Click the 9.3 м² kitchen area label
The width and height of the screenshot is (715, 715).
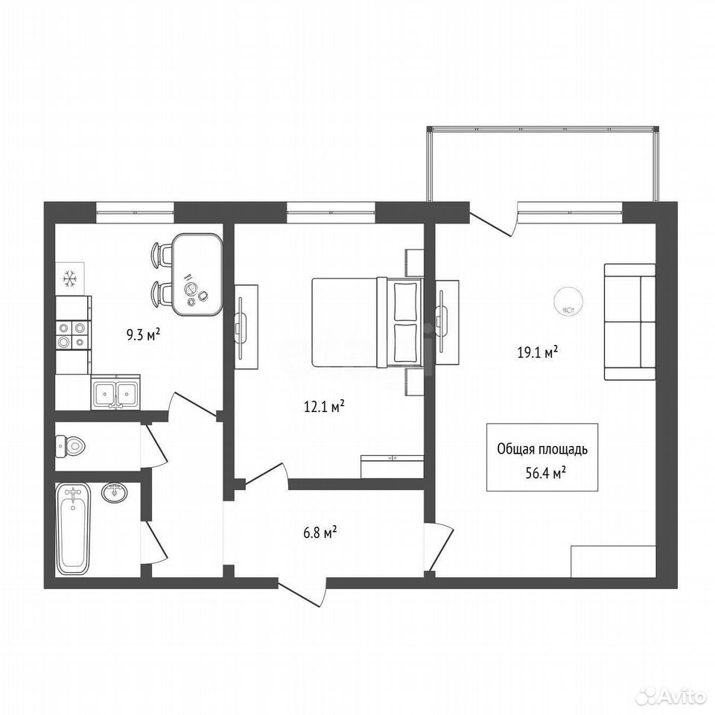[x=143, y=336]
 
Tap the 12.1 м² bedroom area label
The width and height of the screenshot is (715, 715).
[x=324, y=407]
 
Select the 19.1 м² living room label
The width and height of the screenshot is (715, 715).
[x=538, y=352]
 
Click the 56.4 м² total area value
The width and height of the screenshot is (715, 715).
[x=546, y=474]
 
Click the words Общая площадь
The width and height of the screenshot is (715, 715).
[x=542, y=450]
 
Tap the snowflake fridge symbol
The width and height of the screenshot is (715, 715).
[x=70, y=278]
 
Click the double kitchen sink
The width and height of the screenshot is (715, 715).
[x=115, y=393]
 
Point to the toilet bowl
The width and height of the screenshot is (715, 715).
[x=70, y=446]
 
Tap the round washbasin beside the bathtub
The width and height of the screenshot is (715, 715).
[x=115, y=492]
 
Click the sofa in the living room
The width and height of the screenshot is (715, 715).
[x=630, y=322]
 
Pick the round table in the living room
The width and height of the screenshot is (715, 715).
[x=568, y=300]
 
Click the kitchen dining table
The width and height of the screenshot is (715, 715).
[x=197, y=275]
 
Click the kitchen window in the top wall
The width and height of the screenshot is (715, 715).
[x=135, y=212]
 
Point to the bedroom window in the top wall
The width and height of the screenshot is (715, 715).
[x=331, y=212]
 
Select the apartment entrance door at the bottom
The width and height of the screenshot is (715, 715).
[x=302, y=591]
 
